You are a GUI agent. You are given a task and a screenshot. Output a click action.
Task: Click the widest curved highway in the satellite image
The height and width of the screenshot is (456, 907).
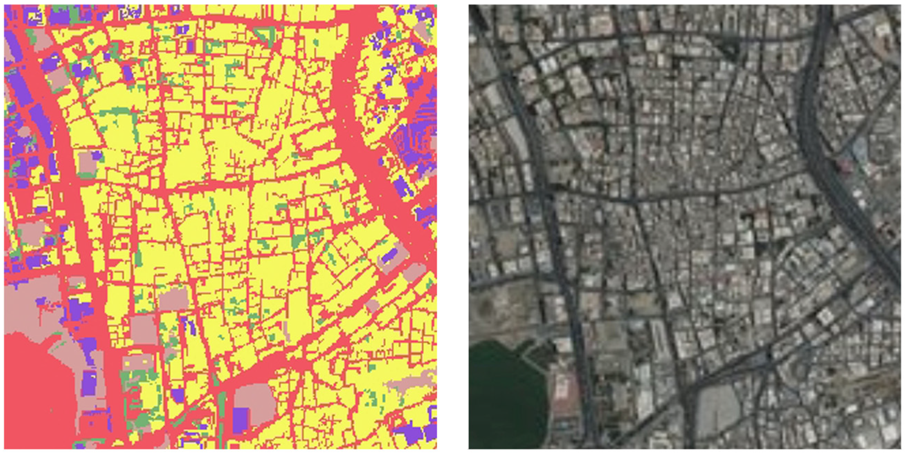click(x=820, y=141)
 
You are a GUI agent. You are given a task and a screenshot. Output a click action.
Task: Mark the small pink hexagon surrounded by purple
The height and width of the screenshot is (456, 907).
click(x=25, y=132)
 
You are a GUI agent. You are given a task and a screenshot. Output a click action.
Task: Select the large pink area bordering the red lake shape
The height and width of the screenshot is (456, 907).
click(x=32, y=303)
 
